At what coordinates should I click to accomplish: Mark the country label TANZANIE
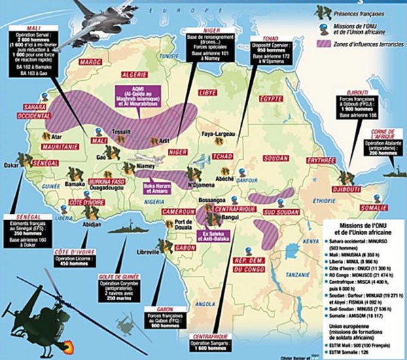point(297,274)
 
